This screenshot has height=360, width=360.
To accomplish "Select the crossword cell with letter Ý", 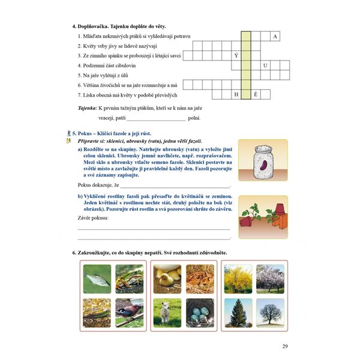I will click(x=236, y=56).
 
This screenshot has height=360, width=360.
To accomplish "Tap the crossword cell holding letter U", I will click(x=265, y=65).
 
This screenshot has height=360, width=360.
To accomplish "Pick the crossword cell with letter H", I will click(x=236, y=95).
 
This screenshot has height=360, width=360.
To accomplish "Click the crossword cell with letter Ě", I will click(x=256, y=95).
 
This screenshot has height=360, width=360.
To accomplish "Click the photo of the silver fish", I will click(x=97, y=278).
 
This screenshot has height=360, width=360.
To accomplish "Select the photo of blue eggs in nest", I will click(x=199, y=311).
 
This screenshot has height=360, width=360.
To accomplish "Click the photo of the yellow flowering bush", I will click(x=238, y=278).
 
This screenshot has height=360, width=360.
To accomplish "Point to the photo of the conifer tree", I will click(x=238, y=311).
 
